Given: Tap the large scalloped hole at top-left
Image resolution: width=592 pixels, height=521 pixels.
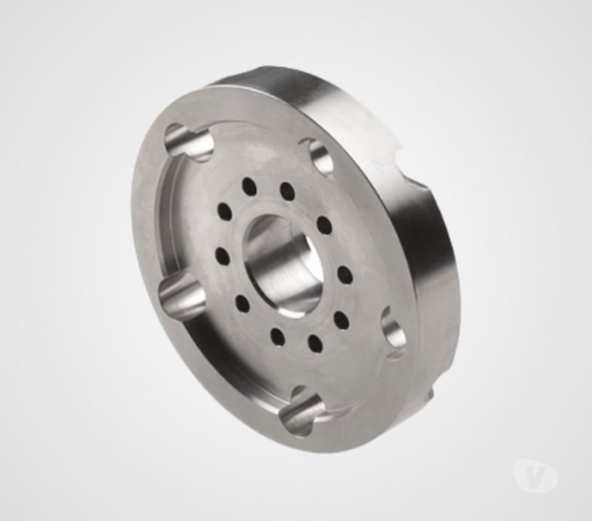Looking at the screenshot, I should pyautogui.click(x=189, y=142).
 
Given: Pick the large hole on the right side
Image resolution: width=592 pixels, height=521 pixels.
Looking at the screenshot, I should pyautogui.click(x=394, y=332).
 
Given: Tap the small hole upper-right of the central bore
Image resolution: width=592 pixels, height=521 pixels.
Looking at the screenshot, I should pyautogui.click(x=324, y=225).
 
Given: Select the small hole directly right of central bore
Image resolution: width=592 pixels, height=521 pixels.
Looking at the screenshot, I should pyautogui.click(x=344, y=275).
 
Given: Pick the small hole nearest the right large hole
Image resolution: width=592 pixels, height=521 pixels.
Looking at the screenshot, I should pyautogui.click(x=341, y=320).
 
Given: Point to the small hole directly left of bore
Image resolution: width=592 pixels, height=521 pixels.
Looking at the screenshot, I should pyautogui.click(x=222, y=256).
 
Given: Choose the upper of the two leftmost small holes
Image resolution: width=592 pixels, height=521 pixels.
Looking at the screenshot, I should pyautogui.click(x=224, y=212).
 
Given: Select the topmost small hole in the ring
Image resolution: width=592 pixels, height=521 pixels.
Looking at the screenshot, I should pyautogui.click(x=249, y=186).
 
